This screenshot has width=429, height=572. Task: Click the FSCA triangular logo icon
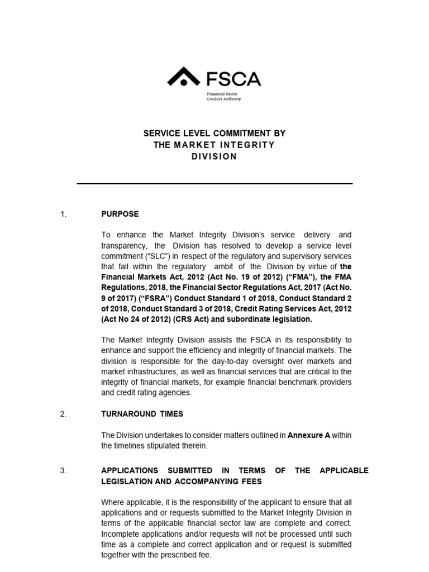[183, 78]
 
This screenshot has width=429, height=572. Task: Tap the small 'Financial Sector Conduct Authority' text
[224, 97]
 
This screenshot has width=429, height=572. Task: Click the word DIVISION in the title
[214, 156]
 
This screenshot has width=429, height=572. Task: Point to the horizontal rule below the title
[214, 183]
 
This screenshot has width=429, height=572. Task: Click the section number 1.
[63, 214]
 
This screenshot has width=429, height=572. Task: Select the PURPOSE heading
[120, 214]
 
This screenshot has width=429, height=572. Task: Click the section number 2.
[63, 414]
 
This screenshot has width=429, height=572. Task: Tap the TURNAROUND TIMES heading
[142, 414]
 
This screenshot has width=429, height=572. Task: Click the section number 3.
[63, 470]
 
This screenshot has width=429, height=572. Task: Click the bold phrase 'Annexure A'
[308, 435]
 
